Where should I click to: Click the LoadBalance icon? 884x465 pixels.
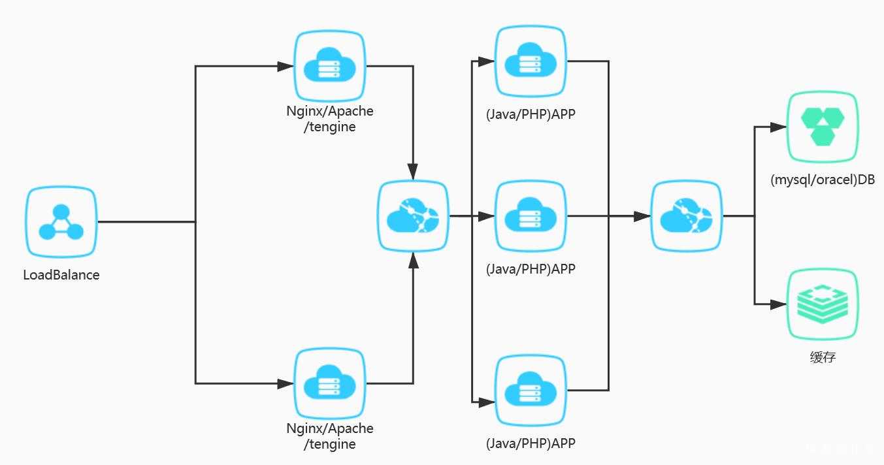61,222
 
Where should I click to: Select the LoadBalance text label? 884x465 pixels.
61,275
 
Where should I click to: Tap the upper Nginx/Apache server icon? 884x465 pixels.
329,66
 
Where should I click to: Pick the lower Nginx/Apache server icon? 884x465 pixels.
329,383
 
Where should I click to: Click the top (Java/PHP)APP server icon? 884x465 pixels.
530,61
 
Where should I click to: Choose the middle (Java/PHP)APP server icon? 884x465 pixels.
530,216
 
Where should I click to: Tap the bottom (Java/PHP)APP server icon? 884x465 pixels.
530,391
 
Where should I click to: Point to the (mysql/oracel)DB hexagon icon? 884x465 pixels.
822,127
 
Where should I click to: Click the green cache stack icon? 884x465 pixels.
822,304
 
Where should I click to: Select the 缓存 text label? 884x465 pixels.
822,357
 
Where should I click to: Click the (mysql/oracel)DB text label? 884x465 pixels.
823,180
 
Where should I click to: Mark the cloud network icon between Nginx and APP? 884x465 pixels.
413,216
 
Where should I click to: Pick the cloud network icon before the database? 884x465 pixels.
686,216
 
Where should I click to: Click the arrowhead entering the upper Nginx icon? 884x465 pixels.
286,66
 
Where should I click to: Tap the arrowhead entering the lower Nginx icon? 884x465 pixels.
286,383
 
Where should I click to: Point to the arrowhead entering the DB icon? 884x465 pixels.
779,127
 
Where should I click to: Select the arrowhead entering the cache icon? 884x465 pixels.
779,304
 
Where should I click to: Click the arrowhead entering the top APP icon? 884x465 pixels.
486,61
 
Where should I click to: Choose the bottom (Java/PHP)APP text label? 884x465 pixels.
531,443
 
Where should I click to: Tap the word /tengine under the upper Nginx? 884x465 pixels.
330,127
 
